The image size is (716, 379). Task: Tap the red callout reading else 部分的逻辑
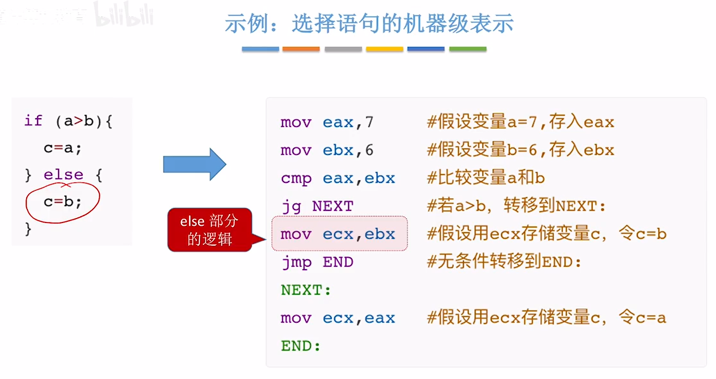(x=209, y=230)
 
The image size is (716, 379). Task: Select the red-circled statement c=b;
(x=63, y=202)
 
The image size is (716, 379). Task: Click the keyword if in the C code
(x=33, y=121)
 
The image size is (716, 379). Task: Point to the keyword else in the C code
(x=63, y=174)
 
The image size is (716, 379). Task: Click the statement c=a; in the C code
(x=63, y=148)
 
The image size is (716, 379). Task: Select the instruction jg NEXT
(x=317, y=206)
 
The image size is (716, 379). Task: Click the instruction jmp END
(x=317, y=262)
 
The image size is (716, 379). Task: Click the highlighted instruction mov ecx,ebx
(x=338, y=234)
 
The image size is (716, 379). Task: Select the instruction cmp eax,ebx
(x=338, y=178)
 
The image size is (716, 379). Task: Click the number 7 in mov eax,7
(x=369, y=123)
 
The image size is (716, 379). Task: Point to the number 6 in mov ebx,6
(x=369, y=150)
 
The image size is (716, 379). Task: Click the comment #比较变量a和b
(x=486, y=178)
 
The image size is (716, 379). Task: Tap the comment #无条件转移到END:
(x=504, y=262)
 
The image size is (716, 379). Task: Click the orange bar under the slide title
(x=301, y=49)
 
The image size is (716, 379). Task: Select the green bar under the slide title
(x=468, y=49)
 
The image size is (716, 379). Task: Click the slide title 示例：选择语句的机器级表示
(x=369, y=24)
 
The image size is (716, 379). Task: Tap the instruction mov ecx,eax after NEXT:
(x=338, y=318)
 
